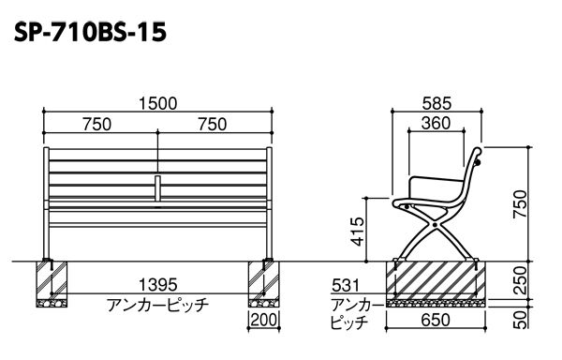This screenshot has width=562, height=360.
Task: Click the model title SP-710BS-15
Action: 90,32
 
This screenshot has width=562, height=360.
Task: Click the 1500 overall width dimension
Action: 157,104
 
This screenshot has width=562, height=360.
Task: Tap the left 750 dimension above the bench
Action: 96,125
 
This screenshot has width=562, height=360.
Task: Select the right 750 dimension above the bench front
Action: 213,125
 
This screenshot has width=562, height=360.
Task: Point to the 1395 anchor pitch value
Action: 157,285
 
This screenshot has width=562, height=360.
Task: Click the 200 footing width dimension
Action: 264,320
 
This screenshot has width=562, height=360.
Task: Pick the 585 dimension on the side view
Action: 436,104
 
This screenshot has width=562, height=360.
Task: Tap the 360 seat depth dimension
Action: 436,124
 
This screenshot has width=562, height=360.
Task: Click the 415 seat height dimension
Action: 358,232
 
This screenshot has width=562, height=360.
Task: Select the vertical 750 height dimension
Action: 520,203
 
